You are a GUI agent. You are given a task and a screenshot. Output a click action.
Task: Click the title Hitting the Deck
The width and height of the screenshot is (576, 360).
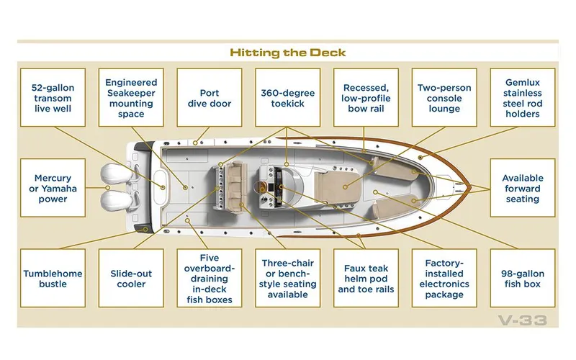pos(288,53)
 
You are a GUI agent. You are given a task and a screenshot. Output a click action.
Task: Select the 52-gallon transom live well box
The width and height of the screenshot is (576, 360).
pos(53,98)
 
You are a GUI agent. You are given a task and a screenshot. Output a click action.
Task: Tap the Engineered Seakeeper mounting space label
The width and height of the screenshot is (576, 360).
pos(131,98)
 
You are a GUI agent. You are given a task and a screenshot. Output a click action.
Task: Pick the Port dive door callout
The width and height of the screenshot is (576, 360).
pos(210,98)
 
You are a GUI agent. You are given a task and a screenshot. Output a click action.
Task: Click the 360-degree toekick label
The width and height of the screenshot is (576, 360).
pos(287,98)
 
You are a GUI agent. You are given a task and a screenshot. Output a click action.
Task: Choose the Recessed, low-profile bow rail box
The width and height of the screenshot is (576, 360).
pos(366,98)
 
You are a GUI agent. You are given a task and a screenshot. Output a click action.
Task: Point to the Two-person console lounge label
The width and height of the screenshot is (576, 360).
pos(444,98)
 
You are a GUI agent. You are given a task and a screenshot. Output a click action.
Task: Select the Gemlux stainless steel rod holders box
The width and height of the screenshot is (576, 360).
pos(523,98)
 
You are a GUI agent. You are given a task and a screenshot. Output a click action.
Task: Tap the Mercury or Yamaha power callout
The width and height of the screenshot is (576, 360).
pos(53,189)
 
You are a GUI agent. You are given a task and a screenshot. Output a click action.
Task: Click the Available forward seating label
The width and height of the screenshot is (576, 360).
pos(523,189)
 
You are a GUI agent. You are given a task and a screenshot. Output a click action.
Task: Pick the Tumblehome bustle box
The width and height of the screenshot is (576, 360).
pos(53,279)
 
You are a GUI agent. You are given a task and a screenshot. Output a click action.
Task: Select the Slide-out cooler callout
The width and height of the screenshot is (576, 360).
pos(131,279)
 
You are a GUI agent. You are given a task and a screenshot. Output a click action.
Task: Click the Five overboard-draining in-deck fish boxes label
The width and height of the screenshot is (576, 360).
pos(210,279)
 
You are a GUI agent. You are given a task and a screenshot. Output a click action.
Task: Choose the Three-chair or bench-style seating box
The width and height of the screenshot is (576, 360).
pos(287,279)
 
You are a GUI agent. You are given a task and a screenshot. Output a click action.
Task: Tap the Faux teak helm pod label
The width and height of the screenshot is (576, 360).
pos(366,279)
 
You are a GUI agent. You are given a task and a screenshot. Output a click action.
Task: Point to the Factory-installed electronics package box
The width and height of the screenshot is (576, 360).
pos(444,279)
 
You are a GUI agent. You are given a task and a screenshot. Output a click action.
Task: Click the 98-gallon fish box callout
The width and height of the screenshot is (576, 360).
pos(523,279)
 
